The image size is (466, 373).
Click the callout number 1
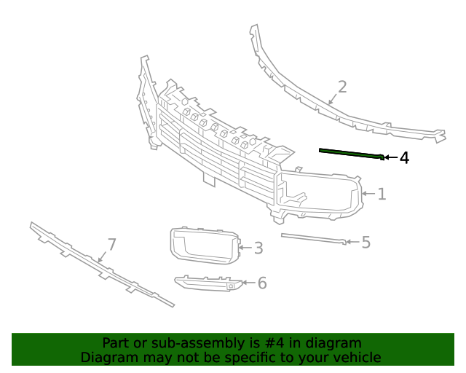pos(382,194)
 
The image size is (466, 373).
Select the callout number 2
pos(341,87)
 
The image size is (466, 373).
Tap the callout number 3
pos(258,248)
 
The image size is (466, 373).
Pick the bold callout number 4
pos(403,157)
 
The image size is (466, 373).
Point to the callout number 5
pos(366,242)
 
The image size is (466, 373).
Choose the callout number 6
pos(262,283)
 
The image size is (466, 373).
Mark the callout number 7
pos(111,244)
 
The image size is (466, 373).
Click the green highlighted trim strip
pos(349,153)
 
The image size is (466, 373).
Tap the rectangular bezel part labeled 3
pos(204,245)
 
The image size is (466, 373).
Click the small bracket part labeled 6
pos(208,282)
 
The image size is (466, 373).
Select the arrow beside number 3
pos(245,248)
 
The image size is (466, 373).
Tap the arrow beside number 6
pos(249,283)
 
